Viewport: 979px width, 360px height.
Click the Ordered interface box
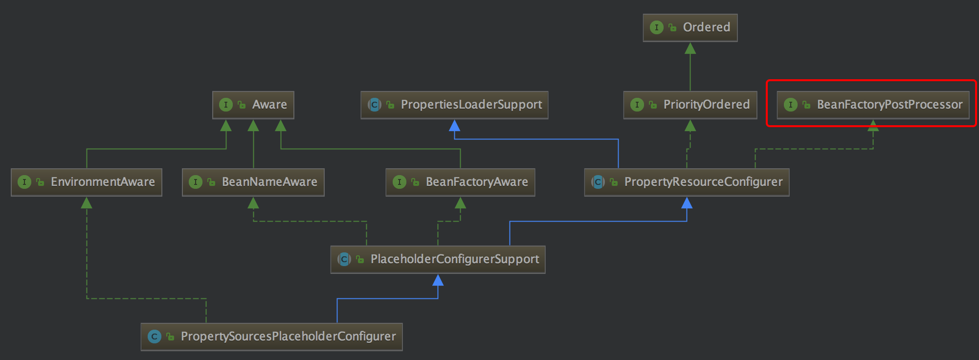point(690,27)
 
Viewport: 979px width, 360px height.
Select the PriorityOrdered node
point(690,105)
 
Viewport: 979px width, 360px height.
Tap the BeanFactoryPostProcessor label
point(890,105)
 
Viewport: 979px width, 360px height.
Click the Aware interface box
point(253,105)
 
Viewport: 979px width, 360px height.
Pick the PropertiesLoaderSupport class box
point(454,105)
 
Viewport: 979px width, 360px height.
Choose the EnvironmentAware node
point(87,182)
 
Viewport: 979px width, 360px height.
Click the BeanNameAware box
point(253,182)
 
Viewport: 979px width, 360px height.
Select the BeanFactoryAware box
point(460,182)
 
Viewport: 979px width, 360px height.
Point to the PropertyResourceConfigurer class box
point(687,182)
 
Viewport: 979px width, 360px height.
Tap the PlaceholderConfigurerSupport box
point(438,259)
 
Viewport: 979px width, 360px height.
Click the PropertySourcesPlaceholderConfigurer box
point(271,337)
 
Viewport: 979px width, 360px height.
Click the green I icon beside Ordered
point(657,27)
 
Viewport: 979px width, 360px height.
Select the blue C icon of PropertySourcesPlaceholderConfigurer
point(155,337)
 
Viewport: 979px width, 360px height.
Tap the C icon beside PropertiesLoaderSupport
point(375,105)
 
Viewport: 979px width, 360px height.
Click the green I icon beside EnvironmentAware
point(24,182)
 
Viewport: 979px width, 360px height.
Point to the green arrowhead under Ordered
point(690,48)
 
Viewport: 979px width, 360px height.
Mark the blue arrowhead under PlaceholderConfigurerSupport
point(438,280)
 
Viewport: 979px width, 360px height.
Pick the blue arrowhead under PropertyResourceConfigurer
point(687,203)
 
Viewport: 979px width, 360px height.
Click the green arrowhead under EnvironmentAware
point(87,203)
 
